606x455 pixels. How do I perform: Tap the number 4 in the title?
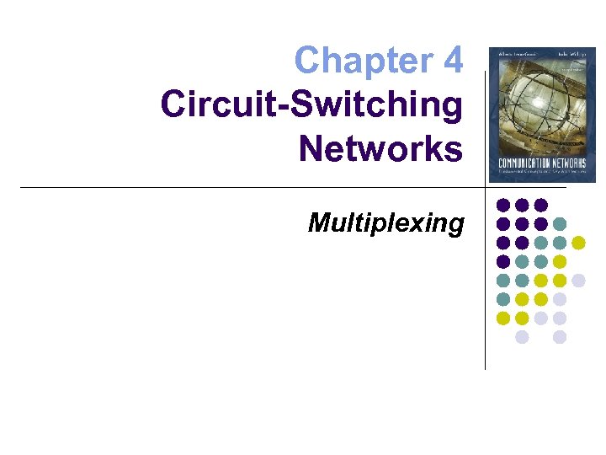coord(451,61)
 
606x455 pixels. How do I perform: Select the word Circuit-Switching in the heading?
coord(311,105)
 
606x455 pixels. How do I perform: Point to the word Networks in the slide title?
coord(380,149)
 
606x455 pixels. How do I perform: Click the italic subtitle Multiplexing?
coord(385,222)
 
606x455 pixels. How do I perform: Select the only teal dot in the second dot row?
coord(560,224)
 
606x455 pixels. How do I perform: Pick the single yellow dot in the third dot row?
coord(578,243)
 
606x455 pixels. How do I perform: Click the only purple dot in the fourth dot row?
coord(503,261)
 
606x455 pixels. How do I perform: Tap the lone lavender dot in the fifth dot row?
coord(578,281)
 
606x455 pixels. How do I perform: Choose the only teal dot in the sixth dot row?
coord(503,299)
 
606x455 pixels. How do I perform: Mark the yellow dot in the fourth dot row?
coord(560,261)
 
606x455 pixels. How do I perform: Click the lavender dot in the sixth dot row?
coord(560,299)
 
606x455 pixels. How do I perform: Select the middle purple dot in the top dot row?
coord(522,205)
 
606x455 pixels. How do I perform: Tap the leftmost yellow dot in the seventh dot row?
coord(503,318)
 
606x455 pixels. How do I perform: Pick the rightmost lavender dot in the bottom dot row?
coord(560,337)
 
